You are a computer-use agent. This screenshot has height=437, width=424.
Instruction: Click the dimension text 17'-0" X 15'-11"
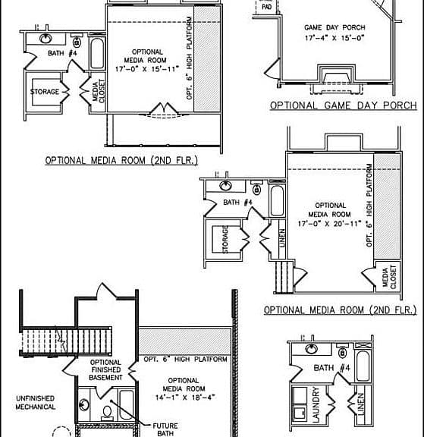pos(147,69)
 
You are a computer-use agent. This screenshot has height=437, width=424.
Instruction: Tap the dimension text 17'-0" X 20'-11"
pos(329,224)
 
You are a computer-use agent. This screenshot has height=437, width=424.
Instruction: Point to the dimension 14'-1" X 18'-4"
pos(185,397)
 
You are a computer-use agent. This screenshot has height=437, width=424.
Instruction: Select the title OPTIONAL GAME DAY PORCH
pos(344,105)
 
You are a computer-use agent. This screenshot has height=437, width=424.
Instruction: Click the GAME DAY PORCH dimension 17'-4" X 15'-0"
pos(334,38)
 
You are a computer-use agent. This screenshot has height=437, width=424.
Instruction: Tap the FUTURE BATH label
pos(165,429)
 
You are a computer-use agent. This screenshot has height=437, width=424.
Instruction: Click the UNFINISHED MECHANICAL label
pos(36,403)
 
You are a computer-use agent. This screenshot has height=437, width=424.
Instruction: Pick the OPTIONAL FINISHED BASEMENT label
pos(105,369)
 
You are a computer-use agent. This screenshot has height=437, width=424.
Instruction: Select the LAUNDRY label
pos(316,404)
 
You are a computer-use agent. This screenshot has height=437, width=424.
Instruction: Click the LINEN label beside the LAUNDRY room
pos(361,404)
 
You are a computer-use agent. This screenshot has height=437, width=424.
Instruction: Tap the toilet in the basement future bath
pos(107,413)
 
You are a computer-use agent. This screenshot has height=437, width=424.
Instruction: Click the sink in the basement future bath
pos(84,405)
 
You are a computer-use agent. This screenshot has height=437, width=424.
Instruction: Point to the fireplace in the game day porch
pos(337,79)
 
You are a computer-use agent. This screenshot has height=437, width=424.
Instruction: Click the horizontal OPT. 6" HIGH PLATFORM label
pos(185,360)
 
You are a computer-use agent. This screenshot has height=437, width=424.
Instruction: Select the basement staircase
pos(67,341)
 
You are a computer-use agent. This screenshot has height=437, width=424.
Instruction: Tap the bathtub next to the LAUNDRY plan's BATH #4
pos(363,366)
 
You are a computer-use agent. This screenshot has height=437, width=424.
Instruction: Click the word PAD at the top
pos(266,7)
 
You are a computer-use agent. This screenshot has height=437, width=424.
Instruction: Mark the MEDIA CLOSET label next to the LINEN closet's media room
pos(389,277)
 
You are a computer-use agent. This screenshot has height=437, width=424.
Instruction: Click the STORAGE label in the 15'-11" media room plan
pos(45,92)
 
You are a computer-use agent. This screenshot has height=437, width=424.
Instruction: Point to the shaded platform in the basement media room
pos(185,341)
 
